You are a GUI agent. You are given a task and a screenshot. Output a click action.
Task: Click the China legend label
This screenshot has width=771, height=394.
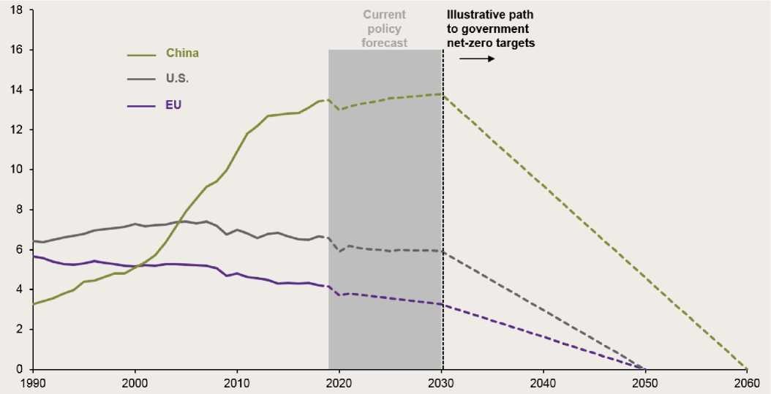pyautogui.click(x=182, y=53)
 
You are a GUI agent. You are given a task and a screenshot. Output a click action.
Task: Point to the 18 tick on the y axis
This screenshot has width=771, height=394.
pyautogui.click(x=18, y=10)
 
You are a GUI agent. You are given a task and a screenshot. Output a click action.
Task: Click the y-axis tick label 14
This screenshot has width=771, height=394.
pyautogui.click(x=18, y=90)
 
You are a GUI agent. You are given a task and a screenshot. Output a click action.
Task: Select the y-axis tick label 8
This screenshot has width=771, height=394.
pyautogui.click(x=20, y=210)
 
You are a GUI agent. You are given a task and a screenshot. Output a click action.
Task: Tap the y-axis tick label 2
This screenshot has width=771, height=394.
pyautogui.click(x=20, y=329)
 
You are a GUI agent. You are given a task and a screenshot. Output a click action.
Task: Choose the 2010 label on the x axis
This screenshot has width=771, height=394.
pyautogui.click(x=237, y=382)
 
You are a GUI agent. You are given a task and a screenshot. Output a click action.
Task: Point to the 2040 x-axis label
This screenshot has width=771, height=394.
pyautogui.click(x=543, y=382)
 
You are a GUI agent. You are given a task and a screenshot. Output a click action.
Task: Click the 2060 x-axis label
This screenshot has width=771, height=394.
pyautogui.click(x=746, y=382)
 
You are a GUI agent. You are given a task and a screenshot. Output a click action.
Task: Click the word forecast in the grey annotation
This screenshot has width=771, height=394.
pyautogui.click(x=384, y=43)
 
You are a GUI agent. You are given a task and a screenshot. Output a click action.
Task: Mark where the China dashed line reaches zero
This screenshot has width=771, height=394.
pyautogui.click(x=746, y=368)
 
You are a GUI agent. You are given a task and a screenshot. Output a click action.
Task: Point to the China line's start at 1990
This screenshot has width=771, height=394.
pyautogui.click(x=34, y=303)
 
